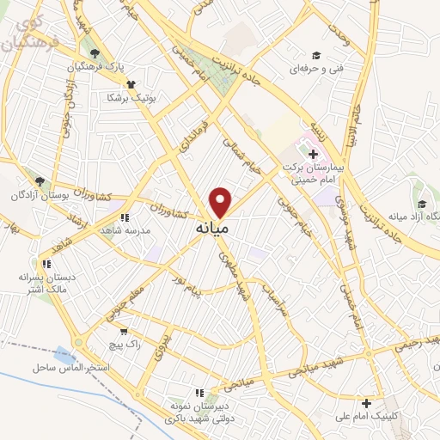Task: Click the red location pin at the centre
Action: point(221,202)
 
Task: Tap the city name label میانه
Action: point(211,229)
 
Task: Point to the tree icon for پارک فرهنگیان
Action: point(95,53)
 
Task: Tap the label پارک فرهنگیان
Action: point(94,66)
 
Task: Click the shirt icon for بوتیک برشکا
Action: point(131,84)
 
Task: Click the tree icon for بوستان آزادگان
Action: point(39,181)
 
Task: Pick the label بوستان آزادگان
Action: point(34,195)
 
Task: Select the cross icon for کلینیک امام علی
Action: point(367,403)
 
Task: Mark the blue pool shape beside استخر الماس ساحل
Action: point(64,355)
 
